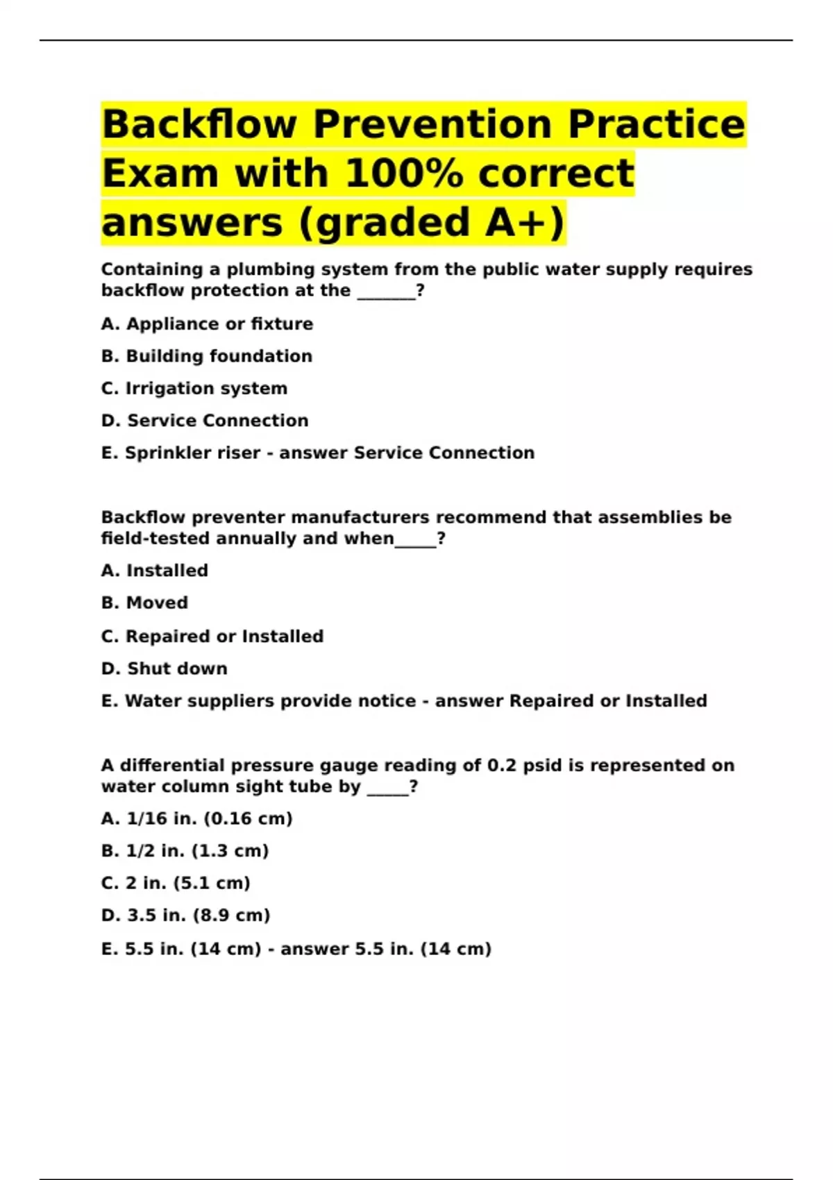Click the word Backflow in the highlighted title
tap(200, 125)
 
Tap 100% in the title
tap(403, 174)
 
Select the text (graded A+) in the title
tap(432, 223)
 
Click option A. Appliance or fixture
tap(207, 324)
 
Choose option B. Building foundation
tap(207, 356)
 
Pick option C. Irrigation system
tap(194, 389)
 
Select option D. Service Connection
tap(205, 421)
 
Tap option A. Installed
tap(155, 571)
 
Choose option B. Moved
tap(144, 603)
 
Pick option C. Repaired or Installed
tap(212, 637)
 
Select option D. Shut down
tap(165, 668)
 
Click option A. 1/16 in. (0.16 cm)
tap(197, 819)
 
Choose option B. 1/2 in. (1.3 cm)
tap(185, 851)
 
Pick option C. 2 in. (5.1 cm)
tap(176, 883)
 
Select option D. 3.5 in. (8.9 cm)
tap(186, 916)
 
